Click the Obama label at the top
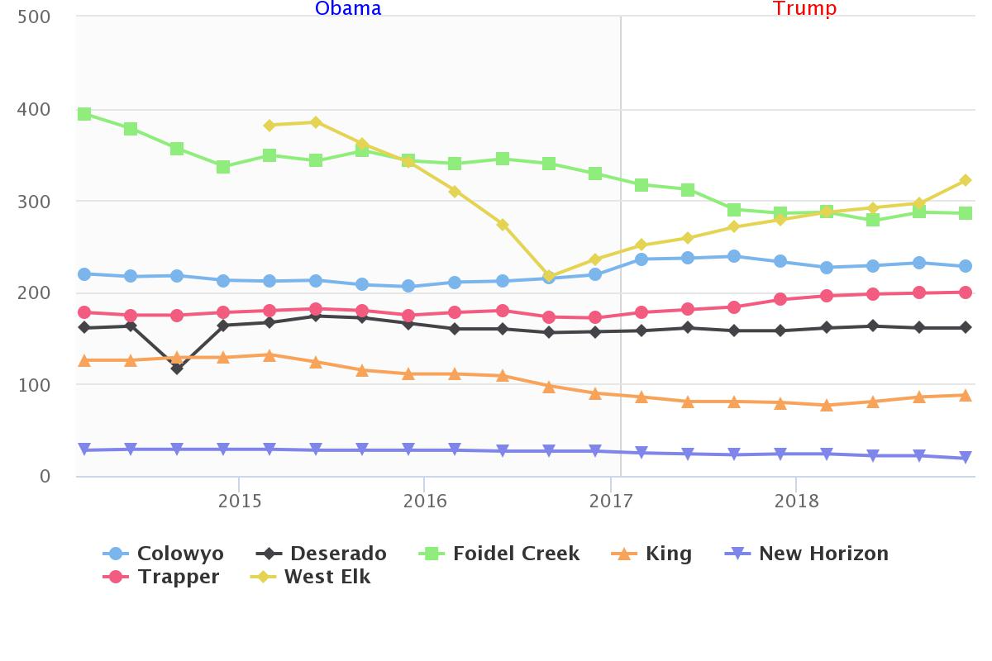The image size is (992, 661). point(348,9)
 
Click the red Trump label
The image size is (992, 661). point(804,9)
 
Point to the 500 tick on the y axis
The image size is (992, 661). point(34,17)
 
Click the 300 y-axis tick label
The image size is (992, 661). point(34,202)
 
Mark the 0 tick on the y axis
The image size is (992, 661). point(45,477)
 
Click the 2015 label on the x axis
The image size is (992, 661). point(240,502)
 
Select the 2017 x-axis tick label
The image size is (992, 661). point(611,502)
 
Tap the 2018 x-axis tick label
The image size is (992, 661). point(796,502)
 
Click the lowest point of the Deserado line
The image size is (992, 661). point(177,369)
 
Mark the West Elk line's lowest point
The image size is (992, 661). point(549,276)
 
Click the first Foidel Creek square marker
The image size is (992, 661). point(84,114)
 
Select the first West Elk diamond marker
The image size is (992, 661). point(269,126)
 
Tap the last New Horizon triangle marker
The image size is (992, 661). point(965,458)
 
